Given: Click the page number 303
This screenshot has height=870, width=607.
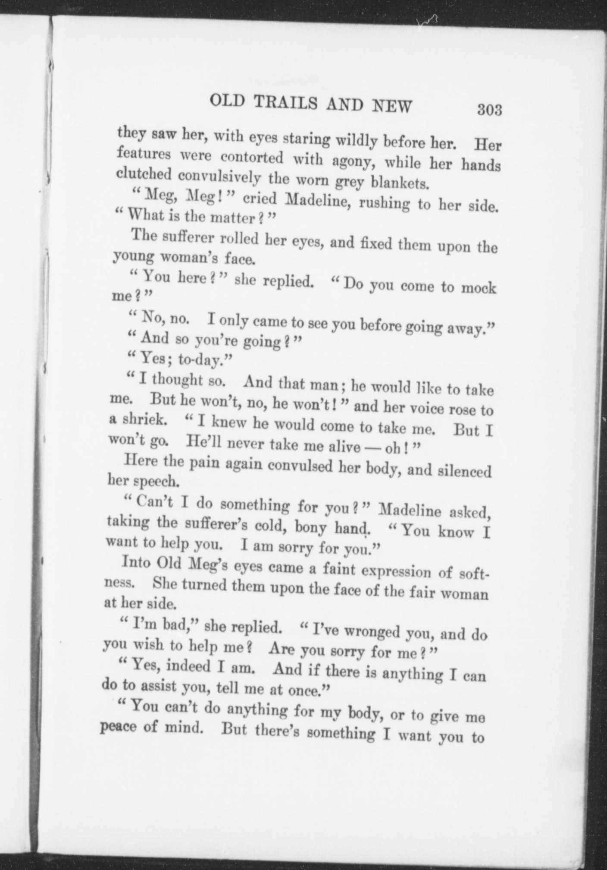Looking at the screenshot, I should tap(489, 110).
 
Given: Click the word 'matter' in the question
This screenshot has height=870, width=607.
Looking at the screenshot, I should tap(233, 217).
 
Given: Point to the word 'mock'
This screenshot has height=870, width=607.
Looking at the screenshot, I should tap(479, 288).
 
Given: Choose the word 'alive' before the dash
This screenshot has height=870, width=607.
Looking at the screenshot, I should tap(344, 446).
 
